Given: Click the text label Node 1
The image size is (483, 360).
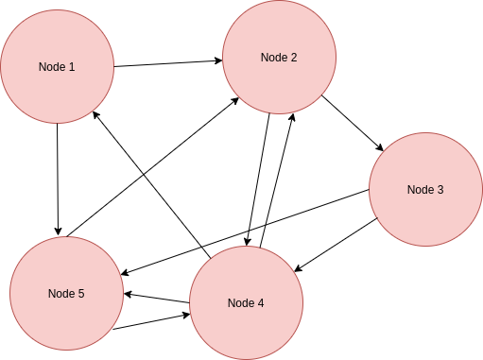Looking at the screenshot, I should coord(57,67).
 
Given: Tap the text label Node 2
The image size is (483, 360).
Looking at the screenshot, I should coord(279,58).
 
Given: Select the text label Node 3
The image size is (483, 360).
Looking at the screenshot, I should coord(424,189).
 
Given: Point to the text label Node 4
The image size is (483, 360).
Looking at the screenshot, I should coord(246,302).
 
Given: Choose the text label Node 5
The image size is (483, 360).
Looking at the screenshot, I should coord(66,293).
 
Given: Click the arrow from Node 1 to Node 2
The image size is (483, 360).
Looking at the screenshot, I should coord(168,64).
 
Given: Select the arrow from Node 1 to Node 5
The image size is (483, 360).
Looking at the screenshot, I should coord(58,180).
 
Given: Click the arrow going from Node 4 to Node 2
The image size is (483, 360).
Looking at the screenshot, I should coord(279,180).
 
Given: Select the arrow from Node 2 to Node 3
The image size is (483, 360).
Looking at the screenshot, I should coord(352,123).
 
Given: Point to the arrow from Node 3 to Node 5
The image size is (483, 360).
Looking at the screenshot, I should coord(246,231).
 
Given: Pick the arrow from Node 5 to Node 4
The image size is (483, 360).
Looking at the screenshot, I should coord(151,320).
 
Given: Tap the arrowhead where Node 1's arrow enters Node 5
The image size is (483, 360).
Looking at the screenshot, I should coord(59,231).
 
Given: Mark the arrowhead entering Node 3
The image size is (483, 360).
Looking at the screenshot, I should coord(379,147).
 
